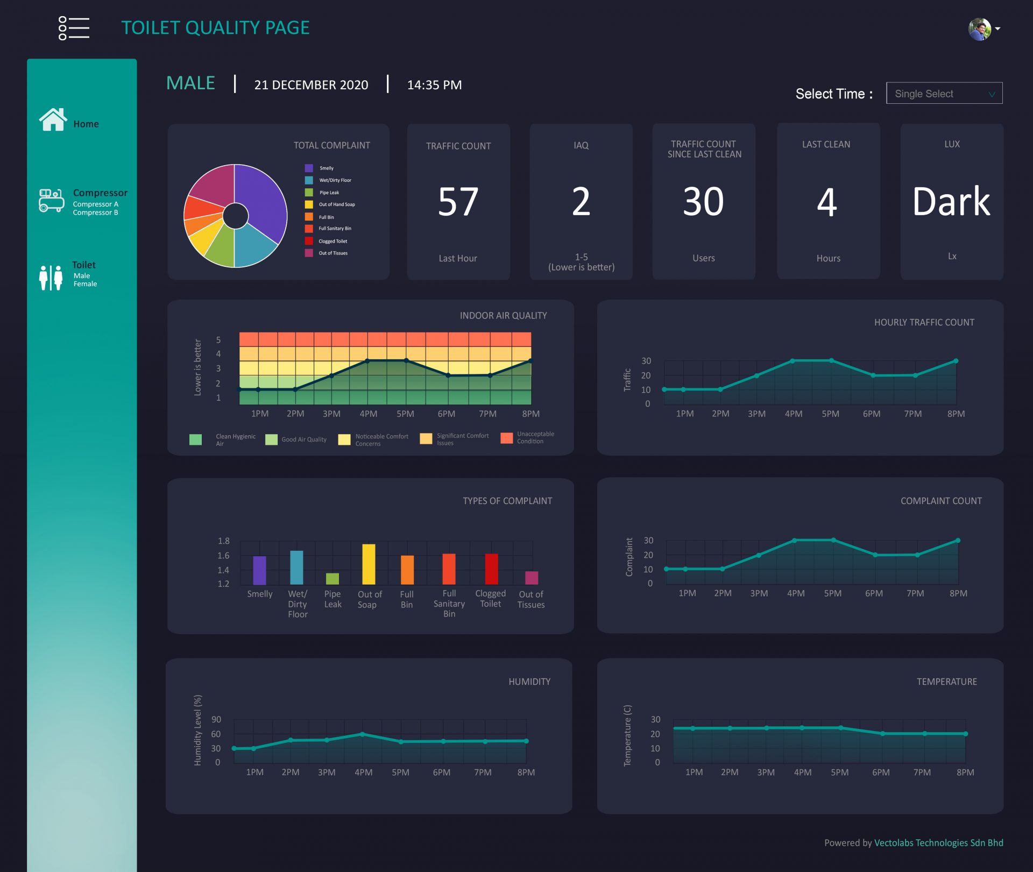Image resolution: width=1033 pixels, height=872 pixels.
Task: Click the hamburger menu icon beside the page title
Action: coord(74,28)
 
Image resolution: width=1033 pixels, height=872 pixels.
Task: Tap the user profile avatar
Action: coord(980,29)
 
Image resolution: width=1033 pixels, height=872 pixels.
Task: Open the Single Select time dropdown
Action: coord(944,94)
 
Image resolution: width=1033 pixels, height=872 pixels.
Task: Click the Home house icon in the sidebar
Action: coord(53,119)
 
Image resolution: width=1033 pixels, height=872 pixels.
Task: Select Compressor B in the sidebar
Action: coord(95,213)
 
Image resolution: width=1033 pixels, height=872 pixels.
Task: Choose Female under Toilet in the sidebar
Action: coord(85,284)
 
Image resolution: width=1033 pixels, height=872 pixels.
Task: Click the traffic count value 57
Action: coord(458,202)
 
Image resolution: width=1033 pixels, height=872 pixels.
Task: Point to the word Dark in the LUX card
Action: coord(951,202)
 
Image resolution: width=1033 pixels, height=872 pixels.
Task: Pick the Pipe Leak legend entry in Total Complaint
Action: coord(329,193)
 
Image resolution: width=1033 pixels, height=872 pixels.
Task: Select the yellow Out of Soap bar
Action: coord(369,564)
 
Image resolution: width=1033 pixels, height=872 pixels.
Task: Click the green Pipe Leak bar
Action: coord(332,579)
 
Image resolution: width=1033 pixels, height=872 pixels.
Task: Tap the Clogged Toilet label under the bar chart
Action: coord(490,599)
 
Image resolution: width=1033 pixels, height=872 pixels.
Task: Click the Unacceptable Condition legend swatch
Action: coord(506,438)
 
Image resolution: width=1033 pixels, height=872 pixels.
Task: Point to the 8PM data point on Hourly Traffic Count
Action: coord(956,361)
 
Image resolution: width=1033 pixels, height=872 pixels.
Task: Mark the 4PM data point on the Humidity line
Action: coord(362,734)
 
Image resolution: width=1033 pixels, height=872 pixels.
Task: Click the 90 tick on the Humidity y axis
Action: coord(216,719)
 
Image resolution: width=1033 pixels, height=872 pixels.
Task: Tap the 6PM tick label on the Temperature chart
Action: coord(881,772)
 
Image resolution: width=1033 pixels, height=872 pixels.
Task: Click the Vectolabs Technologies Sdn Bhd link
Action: coord(938,843)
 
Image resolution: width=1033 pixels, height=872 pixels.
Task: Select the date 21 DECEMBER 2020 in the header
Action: coord(311,85)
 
